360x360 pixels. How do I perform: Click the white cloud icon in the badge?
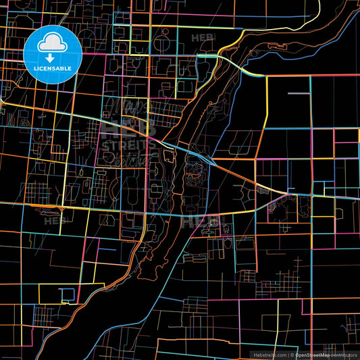52,43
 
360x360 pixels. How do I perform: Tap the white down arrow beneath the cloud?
52,54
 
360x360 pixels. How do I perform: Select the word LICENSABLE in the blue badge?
52,68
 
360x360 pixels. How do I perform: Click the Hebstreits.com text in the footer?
269,354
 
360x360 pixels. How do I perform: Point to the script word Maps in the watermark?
125,107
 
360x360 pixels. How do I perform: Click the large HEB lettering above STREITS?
128,128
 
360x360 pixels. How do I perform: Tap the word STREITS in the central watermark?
128,145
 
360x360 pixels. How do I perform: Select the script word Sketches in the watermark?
128,160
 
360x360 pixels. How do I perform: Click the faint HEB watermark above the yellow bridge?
203,38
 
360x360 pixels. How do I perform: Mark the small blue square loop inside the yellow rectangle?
68,294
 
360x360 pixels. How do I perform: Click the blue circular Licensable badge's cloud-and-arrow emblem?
52,47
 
